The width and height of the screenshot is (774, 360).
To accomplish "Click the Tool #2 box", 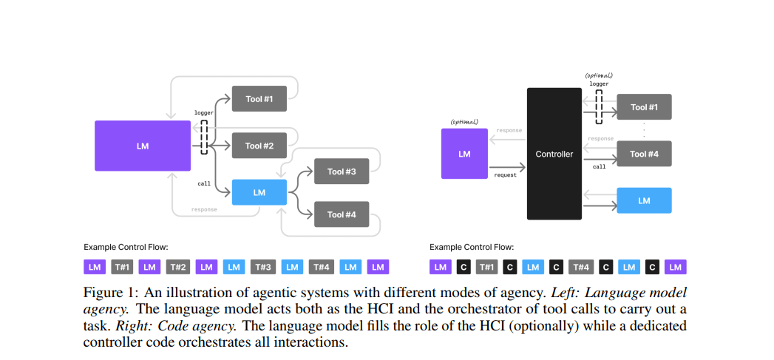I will click(x=259, y=146).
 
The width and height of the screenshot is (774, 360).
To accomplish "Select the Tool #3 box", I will click(x=342, y=171).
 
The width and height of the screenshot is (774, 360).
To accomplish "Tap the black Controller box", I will click(x=554, y=154).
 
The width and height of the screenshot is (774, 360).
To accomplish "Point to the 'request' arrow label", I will click(x=506, y=175).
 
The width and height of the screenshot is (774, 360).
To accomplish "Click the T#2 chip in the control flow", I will click(x=177, y=267).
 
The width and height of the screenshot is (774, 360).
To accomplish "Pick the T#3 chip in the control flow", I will click(x=263, y=267).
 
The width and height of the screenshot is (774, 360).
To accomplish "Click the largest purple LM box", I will click(x=143, y=146).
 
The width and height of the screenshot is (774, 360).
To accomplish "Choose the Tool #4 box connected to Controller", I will click(x=644, y=154).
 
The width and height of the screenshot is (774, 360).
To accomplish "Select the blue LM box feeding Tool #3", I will click(x=259, y=192).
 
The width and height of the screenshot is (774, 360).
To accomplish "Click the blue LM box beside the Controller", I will click(x=644, y=200).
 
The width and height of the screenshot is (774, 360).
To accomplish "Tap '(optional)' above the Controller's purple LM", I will click(x=464, y=121).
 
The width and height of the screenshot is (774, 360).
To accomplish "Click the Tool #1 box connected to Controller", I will click(x=644, y=107).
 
